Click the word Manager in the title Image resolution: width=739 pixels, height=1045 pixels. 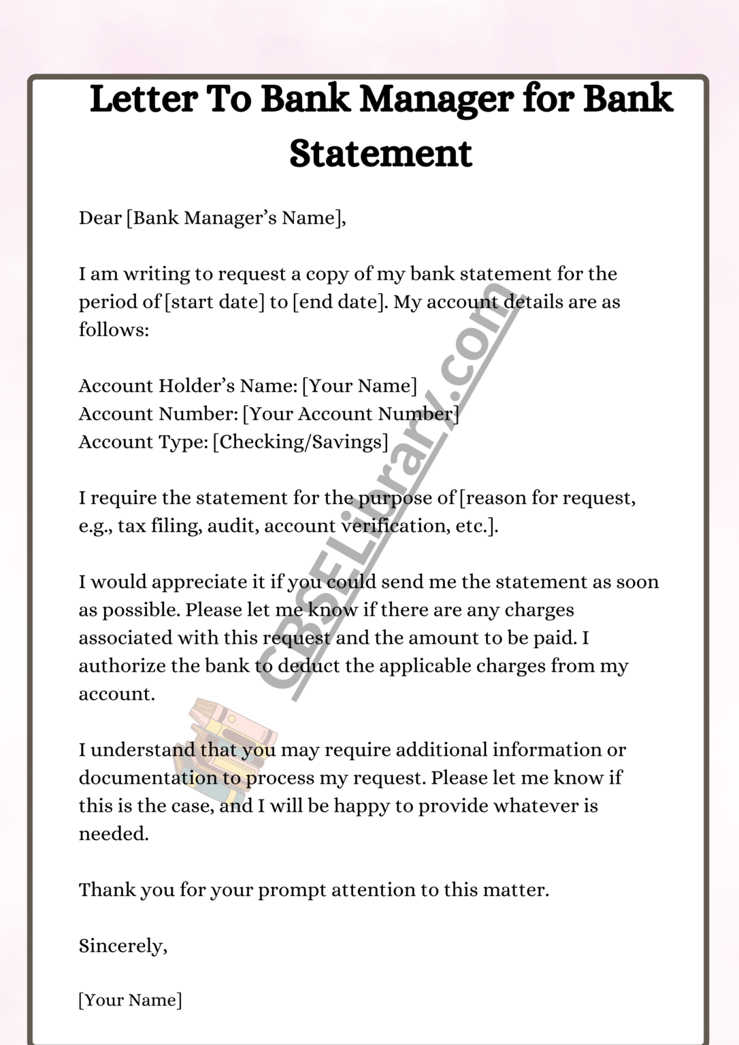pyautogui.click(x=435, y=99)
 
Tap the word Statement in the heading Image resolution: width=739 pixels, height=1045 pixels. pyautogui.click(x=380, y=153)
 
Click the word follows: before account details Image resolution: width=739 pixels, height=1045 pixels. pyautogui.click(x=114, y=330)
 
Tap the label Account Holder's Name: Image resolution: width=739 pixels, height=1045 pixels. pyautogui.click(x=188, y=386)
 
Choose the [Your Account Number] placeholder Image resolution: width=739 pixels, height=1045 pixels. pyautogui.click(x=350, y=414)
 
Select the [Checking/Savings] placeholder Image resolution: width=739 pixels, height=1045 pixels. pyautogui.click(x=300, y=442)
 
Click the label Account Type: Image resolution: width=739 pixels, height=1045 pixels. pyautogui.click(x=143, y=442)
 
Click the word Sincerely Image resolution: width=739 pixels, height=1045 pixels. pyautogui.click(x=121, y=946)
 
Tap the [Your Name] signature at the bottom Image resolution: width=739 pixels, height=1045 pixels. pyautogui.click(x=130, y=1000)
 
